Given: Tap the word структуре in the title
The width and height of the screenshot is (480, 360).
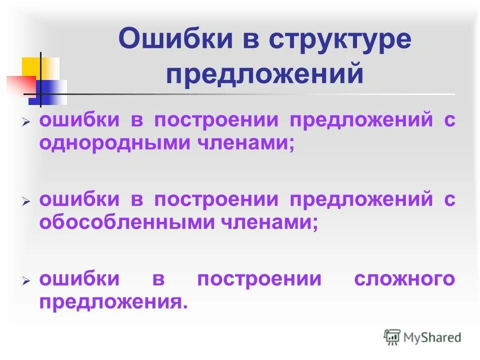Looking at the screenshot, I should point(339,40).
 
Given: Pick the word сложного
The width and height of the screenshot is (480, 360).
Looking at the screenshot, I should point(404,278).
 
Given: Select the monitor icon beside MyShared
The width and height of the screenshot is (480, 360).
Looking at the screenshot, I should point(392,337).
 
